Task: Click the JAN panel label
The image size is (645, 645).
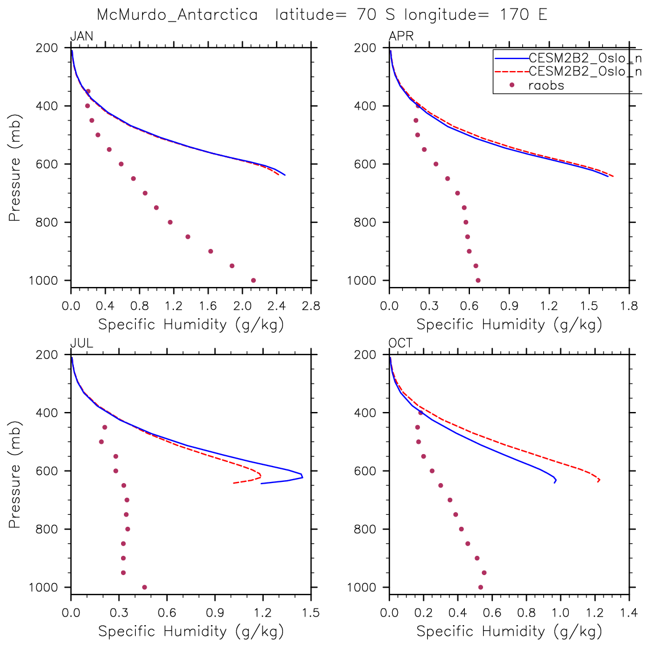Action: (81, 37)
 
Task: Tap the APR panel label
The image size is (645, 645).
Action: (401, 37)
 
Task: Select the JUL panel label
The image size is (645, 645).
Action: (81, 343)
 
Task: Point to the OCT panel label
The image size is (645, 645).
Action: (401, 343)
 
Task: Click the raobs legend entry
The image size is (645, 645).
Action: (546, 86)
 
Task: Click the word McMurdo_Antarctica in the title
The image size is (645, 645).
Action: (177, 15)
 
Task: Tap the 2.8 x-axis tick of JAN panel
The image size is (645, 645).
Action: (311, 306)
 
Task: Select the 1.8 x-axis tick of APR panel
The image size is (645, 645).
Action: (629, 306)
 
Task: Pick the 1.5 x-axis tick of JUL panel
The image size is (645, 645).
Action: (311, 613)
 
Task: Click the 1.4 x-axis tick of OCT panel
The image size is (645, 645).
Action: (629, 613)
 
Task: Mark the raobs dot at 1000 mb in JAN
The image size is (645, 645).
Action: (253, 280)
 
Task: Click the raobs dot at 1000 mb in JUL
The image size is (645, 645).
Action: (144, 587)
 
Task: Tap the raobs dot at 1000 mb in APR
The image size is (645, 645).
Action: (478, 280)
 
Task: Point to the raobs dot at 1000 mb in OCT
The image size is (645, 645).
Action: (481, 587)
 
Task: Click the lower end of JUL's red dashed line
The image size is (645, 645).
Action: (234, 483)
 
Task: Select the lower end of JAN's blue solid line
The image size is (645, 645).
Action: (285, 175)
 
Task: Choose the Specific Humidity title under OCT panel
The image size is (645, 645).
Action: (509, 631)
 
